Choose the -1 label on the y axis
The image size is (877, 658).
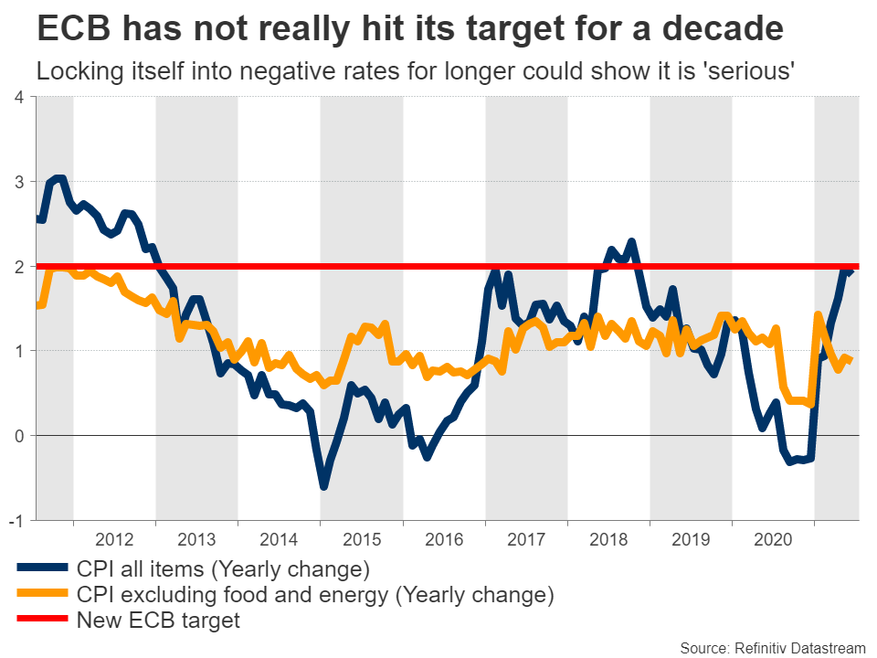pos(16,521)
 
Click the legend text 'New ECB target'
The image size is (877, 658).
pos(158,621)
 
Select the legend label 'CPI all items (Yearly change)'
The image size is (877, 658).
pos(223,570)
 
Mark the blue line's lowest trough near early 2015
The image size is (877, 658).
pos(323,486)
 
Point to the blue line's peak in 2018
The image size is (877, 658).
pos(631,242)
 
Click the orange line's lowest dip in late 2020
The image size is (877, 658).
pos(810,403)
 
